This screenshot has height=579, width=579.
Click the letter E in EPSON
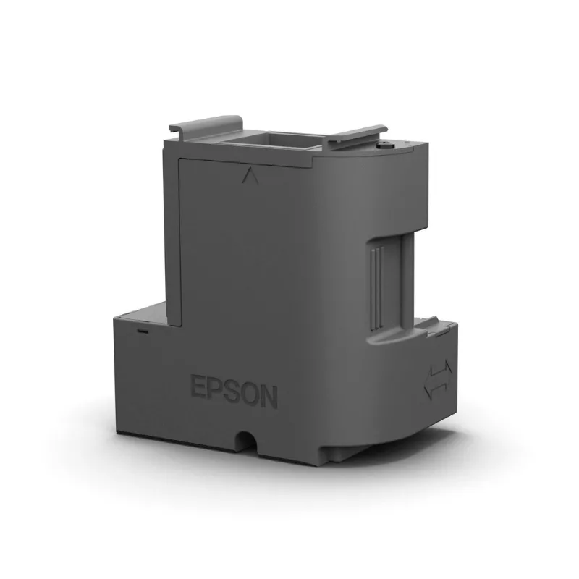[x=197, y=386]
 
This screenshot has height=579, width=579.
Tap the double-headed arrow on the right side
[x=438, y=381]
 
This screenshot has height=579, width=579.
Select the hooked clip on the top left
[x=206, y=126]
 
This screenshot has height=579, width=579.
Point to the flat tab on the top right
[x=357, y=135]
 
